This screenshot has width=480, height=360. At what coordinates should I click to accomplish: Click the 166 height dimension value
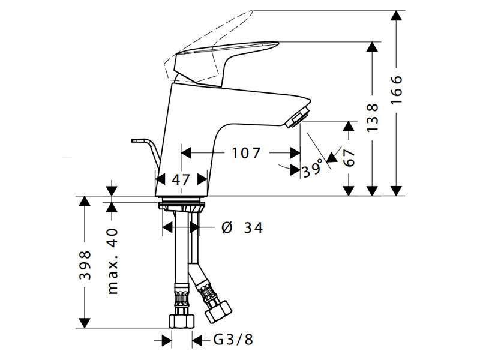[397, 89]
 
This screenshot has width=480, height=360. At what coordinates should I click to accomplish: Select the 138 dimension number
[372, 118]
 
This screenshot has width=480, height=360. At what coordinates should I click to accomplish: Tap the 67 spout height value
[349, 158]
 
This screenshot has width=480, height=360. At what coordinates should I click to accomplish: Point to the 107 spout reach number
[246, 153]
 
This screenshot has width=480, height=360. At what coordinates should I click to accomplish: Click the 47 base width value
[181, 179]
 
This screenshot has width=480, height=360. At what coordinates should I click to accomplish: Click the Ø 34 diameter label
[242, 227]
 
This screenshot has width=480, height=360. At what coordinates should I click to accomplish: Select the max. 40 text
[113, 261]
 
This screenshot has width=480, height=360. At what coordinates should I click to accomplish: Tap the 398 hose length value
[85, 265]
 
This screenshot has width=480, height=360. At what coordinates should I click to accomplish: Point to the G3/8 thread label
[233, 339]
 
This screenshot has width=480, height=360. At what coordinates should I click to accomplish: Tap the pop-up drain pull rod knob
[135, 140]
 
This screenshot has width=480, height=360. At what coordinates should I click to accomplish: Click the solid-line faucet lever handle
[227, 64]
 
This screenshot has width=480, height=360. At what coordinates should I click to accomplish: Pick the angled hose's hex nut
[218, 311]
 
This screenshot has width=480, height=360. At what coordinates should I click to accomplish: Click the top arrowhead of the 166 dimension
[397, 16]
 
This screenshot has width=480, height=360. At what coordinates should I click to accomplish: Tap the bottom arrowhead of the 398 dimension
[85, 323]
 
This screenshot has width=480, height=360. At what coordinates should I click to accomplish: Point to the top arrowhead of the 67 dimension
[349, 126]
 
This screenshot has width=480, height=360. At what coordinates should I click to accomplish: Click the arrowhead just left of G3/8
[167, 340]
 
